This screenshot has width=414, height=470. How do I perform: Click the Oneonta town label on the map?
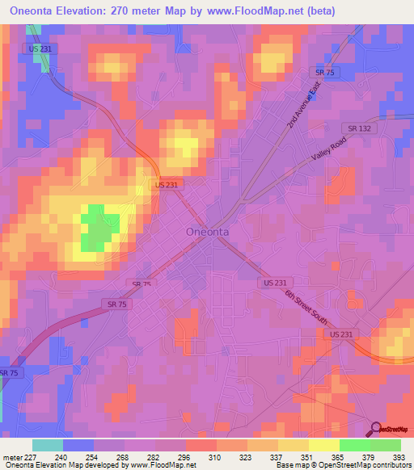(207, 231)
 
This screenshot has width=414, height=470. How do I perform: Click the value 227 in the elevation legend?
(33, 457)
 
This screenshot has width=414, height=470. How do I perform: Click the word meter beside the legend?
(12, 457)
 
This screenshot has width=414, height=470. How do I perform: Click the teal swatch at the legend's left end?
(48, 445)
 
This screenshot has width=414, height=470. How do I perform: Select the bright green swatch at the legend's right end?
(386, 445)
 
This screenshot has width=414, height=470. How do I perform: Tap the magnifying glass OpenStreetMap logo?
(376, 428)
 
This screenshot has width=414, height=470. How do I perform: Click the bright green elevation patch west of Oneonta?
(96, 228)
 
